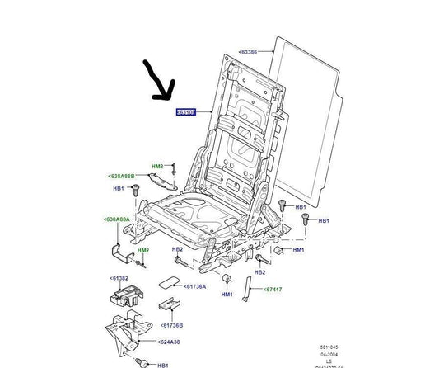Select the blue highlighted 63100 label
[186, 111]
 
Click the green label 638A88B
[120, 176]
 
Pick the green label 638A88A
[117, 219]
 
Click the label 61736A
[195, 285]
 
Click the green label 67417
[273, 290]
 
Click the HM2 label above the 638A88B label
[158, 166]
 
